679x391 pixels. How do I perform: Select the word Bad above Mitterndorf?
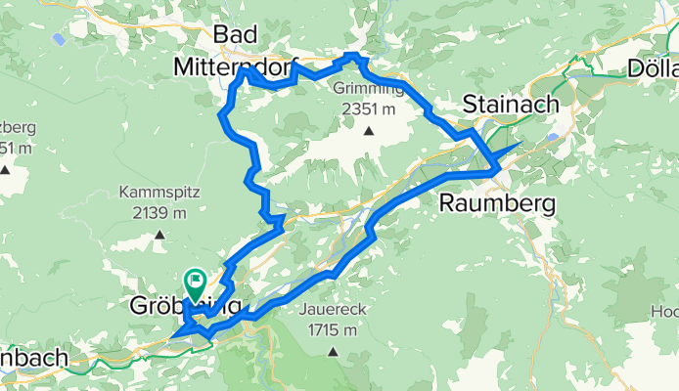(235, 36)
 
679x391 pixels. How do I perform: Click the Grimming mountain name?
(368, 90)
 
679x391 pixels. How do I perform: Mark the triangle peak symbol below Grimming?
(369, 130)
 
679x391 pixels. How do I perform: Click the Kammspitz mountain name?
(159, 192)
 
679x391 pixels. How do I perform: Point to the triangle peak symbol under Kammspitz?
(159, 235)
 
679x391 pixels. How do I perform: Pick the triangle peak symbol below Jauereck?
(333, 352)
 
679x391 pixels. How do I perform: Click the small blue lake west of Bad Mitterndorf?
(60, 41)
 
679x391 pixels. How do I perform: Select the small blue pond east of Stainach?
(556, 138)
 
